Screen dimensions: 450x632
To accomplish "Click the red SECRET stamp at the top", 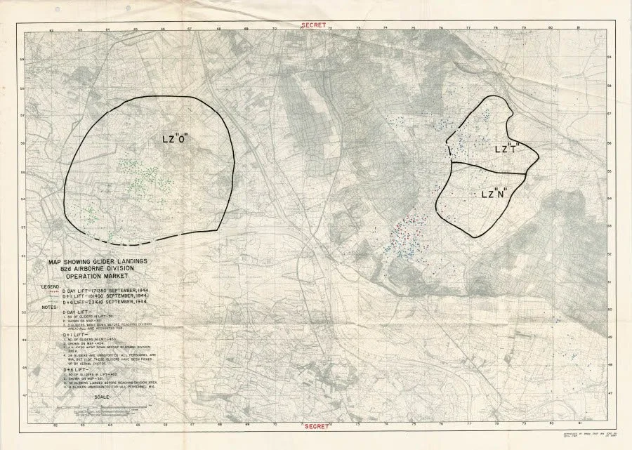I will click(x=312, y=25).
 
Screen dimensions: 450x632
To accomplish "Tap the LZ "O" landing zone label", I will click(x=177, y=139).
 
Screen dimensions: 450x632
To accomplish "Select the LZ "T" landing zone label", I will click(x=506, y=149).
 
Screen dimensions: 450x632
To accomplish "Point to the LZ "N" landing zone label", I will click(x=495, y=194).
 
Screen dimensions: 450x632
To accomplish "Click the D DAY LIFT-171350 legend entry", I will click(x=105, y=289).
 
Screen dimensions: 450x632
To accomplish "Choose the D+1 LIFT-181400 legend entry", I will click(x=105, y=296).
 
